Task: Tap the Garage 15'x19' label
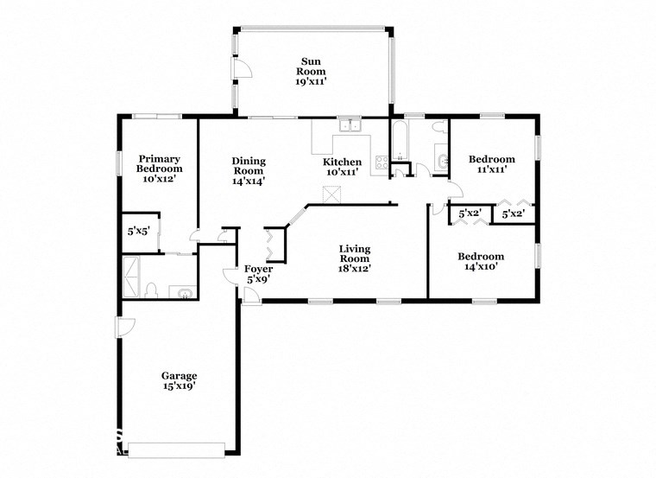179,381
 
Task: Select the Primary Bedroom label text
160,169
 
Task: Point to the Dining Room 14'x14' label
248,170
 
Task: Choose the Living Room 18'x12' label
354,258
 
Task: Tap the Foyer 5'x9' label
258,274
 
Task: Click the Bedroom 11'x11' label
491,164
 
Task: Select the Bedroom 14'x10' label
481,261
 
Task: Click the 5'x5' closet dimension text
138,231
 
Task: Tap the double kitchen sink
350,126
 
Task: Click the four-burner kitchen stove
381,161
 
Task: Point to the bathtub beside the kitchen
401,142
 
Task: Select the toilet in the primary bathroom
151,290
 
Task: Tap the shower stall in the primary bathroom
133,276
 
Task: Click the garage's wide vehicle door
175,449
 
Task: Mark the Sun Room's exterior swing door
242,68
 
